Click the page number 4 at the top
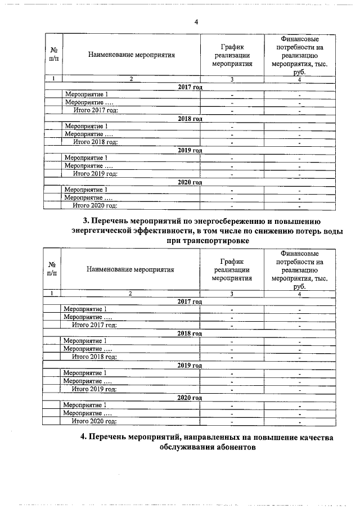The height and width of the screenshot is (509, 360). pos(196,22)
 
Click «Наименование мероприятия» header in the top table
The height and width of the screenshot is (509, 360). pos(132,55)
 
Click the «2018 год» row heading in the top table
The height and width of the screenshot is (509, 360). pos(190,119)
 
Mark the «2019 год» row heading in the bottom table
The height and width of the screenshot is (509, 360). pos(189,365)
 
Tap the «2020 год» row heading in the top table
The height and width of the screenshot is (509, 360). pos(190,182)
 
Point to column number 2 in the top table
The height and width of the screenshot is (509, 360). pos(131,79)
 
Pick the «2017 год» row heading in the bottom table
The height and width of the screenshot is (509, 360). pos(189,301)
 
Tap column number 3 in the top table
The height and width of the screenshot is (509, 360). pos(232,79)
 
